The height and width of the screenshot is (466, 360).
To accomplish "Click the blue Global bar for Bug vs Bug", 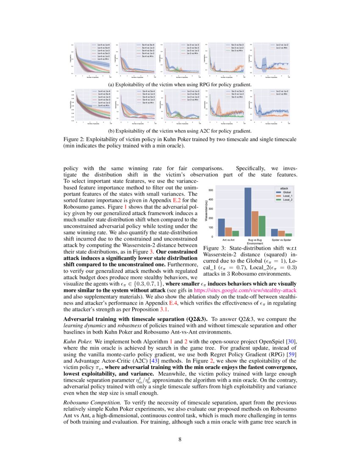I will pyautogui.click(x=248, y=212).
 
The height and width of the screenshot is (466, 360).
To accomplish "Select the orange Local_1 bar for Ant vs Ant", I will pyautogui.click(x=228, y=232).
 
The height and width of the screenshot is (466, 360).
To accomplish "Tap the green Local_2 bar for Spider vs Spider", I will pyautogui.click(x=288, y=234).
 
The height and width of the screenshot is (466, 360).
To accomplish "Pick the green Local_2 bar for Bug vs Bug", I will pyautogui.click(x=262, y=226).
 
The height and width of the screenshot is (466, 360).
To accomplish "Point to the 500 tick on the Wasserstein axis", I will pyautogui.click(x=211, y=191).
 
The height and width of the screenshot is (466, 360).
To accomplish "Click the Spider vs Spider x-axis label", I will pyautogui.click(x=281, y=240).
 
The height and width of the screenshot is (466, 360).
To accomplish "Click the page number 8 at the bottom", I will pyautogui.click(x=180, y=439).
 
